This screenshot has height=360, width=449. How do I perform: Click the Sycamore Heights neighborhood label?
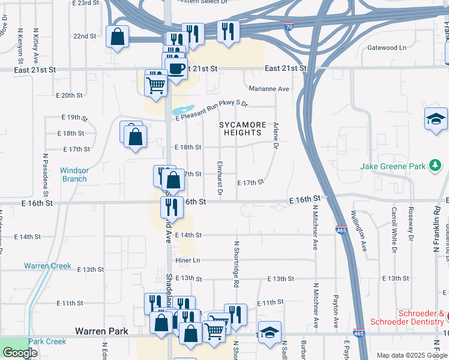pyautogui.click(x=243, y=128)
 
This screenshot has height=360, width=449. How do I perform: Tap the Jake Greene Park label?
pyautogui.click(x=393, y=166)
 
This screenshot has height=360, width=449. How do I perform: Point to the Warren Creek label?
pyautogui.click(x=47, y=266)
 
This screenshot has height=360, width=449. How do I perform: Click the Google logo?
pyautogui.click(x=19, y=353)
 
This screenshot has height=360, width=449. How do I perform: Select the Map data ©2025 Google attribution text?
pyautogui.click(x=412, y=355)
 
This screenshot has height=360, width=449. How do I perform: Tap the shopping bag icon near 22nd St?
pyautogui.click(x=118, y=37)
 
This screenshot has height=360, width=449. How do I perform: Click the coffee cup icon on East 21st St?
pyautogui.click(x=176, y=69)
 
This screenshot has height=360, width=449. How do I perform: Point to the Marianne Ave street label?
pyautogui.click(x=269, y=89)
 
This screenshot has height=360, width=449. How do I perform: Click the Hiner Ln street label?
pyautogui.click(x=188, y=260)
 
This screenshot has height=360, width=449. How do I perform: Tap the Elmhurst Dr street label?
pyautogui.click(x=220, y=178)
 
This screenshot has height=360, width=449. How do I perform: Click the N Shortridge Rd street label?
pyautogui.click(x=237, y=265)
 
